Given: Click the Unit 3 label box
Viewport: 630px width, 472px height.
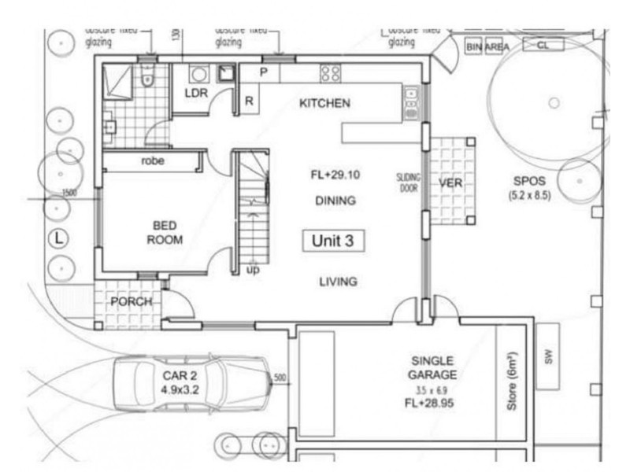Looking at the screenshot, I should (x=332, y=242).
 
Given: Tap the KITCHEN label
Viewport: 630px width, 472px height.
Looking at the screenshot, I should (x=324, y=103).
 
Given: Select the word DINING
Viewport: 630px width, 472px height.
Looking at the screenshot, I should (x=335, y=201).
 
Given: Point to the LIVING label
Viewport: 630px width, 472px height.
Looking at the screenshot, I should (x=338, y=282).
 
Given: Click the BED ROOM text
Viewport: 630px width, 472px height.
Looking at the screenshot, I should (x=164, y=233).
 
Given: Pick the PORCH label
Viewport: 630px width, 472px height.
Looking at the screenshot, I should (x=131, y=301).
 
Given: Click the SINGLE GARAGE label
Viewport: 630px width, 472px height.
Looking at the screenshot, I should (x=432, y=367).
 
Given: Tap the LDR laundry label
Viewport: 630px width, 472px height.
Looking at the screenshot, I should (x=195, y=93).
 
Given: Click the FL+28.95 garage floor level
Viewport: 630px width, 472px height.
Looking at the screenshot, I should (x=430, y=403).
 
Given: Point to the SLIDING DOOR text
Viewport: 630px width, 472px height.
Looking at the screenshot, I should (x=409, y=183).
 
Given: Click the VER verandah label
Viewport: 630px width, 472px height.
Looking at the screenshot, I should (x=450, y=183).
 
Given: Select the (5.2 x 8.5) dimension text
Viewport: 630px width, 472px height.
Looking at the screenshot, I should (x=529, y=194).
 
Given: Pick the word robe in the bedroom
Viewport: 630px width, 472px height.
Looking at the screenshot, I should (x=152, y=160).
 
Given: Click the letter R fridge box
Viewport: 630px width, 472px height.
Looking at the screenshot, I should (x=249, y=101).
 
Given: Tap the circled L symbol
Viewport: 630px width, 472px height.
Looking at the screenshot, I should (x=60, y=237).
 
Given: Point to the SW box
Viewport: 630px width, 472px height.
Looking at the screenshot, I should (x=549, y=356).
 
